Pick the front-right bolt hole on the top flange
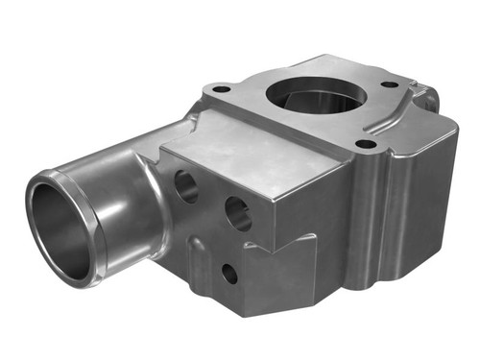pyautogui.click(x=366, y=144)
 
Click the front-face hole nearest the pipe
pyautogui.click(x=186, y=185)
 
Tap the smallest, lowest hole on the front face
pyautogui.click(x=229, y=274)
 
